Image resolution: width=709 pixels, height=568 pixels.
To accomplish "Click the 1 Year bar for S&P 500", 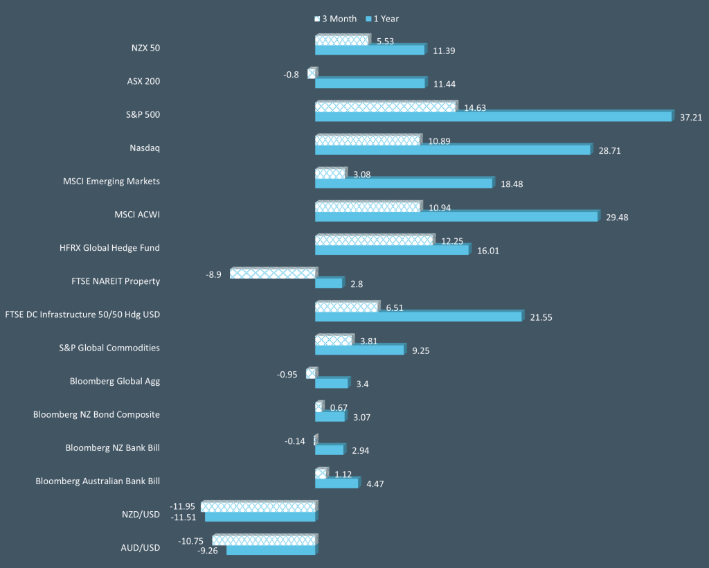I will tap(493, 116).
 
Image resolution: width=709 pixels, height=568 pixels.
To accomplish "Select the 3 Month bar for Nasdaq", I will tap(367, 140).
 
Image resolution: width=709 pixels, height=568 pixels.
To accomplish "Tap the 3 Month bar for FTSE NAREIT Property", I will tap(273, 274).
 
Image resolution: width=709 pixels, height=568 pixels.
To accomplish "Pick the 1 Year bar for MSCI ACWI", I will tap(456, 216).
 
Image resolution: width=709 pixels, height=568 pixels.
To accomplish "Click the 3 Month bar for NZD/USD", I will tap(258, 506).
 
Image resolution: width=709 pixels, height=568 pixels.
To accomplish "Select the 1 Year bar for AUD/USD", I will tap(271, 550).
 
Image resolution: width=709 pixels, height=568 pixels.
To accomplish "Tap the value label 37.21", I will tap(691, 118).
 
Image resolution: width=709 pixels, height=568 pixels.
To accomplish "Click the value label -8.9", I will tap(213, 274).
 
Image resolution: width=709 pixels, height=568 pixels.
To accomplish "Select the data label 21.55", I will tap(541, 317).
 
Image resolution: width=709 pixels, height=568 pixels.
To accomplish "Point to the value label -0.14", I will tap(295, 441).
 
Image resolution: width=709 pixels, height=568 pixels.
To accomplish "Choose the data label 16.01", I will tap(488, 251).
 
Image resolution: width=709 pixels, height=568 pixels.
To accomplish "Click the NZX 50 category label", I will tap(145, 48).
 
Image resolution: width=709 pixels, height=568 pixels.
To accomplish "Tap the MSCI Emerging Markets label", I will tap(111, 181).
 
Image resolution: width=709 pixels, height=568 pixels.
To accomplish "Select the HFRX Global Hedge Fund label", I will tap(109, 248).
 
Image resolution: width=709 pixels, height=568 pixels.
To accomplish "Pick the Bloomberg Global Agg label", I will tap(115, 381).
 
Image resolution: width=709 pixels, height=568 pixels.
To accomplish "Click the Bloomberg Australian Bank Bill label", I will tap(98, 481).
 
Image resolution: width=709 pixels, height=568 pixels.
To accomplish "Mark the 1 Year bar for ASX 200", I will tap(370, 83).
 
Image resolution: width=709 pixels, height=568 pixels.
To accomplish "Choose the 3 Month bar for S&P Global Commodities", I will tap(333, 340).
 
